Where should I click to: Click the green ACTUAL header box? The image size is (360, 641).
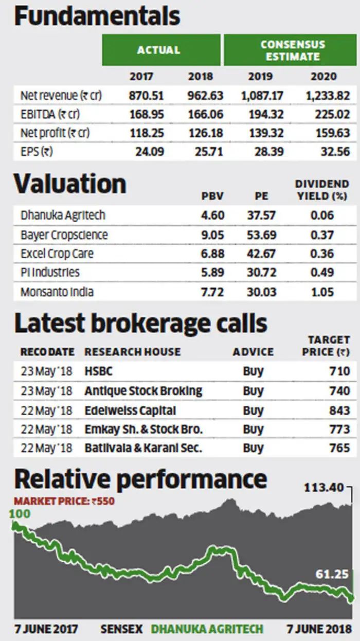tap(158, 50)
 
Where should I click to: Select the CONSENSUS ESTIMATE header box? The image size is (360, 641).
tap(290, 50)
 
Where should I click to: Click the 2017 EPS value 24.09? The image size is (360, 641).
tap(146, 152)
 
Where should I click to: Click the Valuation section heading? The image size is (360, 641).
tap(70, 184)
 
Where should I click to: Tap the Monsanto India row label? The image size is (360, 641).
tap(57, 292)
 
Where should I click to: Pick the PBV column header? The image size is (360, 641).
tap(212, 196)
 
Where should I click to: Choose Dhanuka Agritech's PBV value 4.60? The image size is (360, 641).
tap(212, 216)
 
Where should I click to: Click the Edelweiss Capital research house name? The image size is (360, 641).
tap(130, 410)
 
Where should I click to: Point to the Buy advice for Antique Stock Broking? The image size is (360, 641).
tap(253, 391)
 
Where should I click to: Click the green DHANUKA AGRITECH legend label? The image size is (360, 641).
tap(207, 629)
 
